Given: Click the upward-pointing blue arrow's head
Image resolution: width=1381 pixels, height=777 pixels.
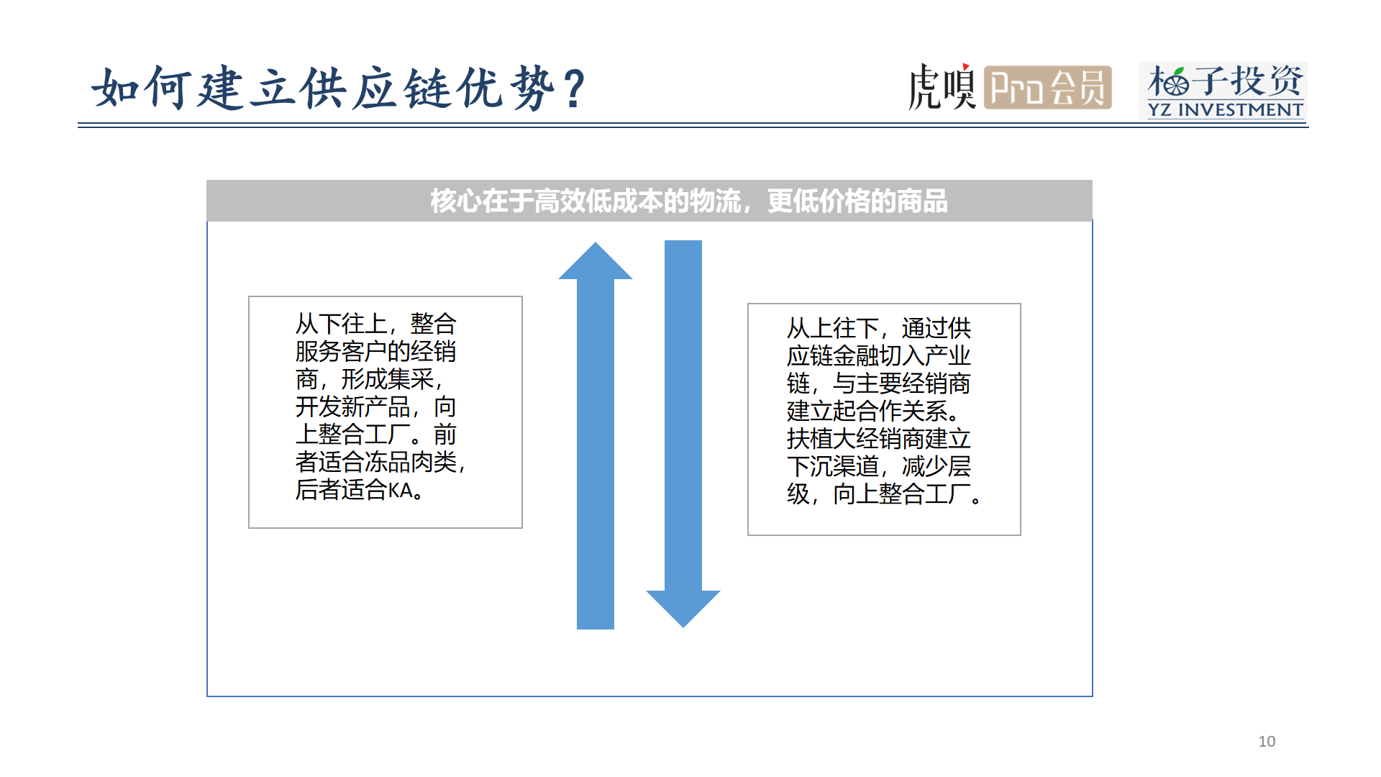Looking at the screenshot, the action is click(x=596, y=261).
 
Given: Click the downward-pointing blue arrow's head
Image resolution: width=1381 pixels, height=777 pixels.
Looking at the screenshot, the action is click(x=683, y=609).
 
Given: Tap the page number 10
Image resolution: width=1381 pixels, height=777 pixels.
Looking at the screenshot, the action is click(x=1267, y=741).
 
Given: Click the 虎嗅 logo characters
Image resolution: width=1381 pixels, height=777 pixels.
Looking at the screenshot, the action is click(x=942, y=87).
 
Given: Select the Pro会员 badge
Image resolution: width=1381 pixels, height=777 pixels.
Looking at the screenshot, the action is click(x=1048, y=88).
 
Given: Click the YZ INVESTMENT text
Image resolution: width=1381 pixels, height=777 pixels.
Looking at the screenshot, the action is click(x=1225, y=109).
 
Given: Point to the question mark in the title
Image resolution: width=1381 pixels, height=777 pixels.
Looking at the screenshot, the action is click(x=575, y=89).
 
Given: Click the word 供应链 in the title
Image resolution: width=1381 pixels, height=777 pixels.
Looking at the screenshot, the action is click(x=375, y=88).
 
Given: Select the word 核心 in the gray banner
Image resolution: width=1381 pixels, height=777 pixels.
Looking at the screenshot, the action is click(x=456, y=201).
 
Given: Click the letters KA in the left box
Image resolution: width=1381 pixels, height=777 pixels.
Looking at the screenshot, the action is click(x=401, y=491).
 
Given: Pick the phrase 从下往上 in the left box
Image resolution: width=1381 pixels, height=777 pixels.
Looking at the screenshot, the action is click(x=341, y=324).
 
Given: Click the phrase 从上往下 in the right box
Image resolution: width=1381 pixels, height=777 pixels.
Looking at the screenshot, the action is click(x=832, y=328).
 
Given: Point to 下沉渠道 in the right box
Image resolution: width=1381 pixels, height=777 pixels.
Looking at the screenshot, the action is click(x=832, y=466).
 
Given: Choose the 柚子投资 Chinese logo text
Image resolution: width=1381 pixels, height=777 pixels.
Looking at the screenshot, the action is click(x=1225, y=81).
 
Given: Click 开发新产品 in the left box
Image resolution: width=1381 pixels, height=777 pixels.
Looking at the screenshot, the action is click(x=352, y=407).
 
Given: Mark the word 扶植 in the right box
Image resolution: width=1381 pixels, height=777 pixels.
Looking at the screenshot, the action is click(x=809, y=439).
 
